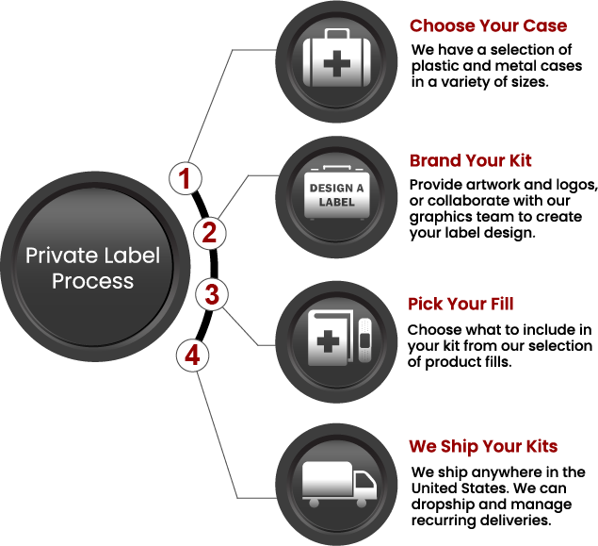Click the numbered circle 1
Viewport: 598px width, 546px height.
coord(186,178)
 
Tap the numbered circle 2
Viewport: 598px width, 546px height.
coord(209,233)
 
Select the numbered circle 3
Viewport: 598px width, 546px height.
coord(212,295)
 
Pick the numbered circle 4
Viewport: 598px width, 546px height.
coord(193,356)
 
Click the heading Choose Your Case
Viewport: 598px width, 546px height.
coord(488,26)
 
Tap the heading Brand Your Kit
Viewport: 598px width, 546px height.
coord(470,160)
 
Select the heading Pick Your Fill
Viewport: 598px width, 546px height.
coord(461,304)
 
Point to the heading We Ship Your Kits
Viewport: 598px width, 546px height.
coord(483,446)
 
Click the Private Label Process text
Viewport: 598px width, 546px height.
coord(92,268)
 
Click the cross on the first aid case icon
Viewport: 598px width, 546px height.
coord(337,63)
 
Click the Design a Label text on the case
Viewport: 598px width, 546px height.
coord(337,194)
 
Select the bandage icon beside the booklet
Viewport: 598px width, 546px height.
coord(364,339)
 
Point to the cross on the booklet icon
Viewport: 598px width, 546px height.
coord(328,341)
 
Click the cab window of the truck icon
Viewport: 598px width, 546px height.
coord(364,480)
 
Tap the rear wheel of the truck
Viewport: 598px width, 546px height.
coord(314,503)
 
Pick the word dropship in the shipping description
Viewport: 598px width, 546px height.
coord(443,505)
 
